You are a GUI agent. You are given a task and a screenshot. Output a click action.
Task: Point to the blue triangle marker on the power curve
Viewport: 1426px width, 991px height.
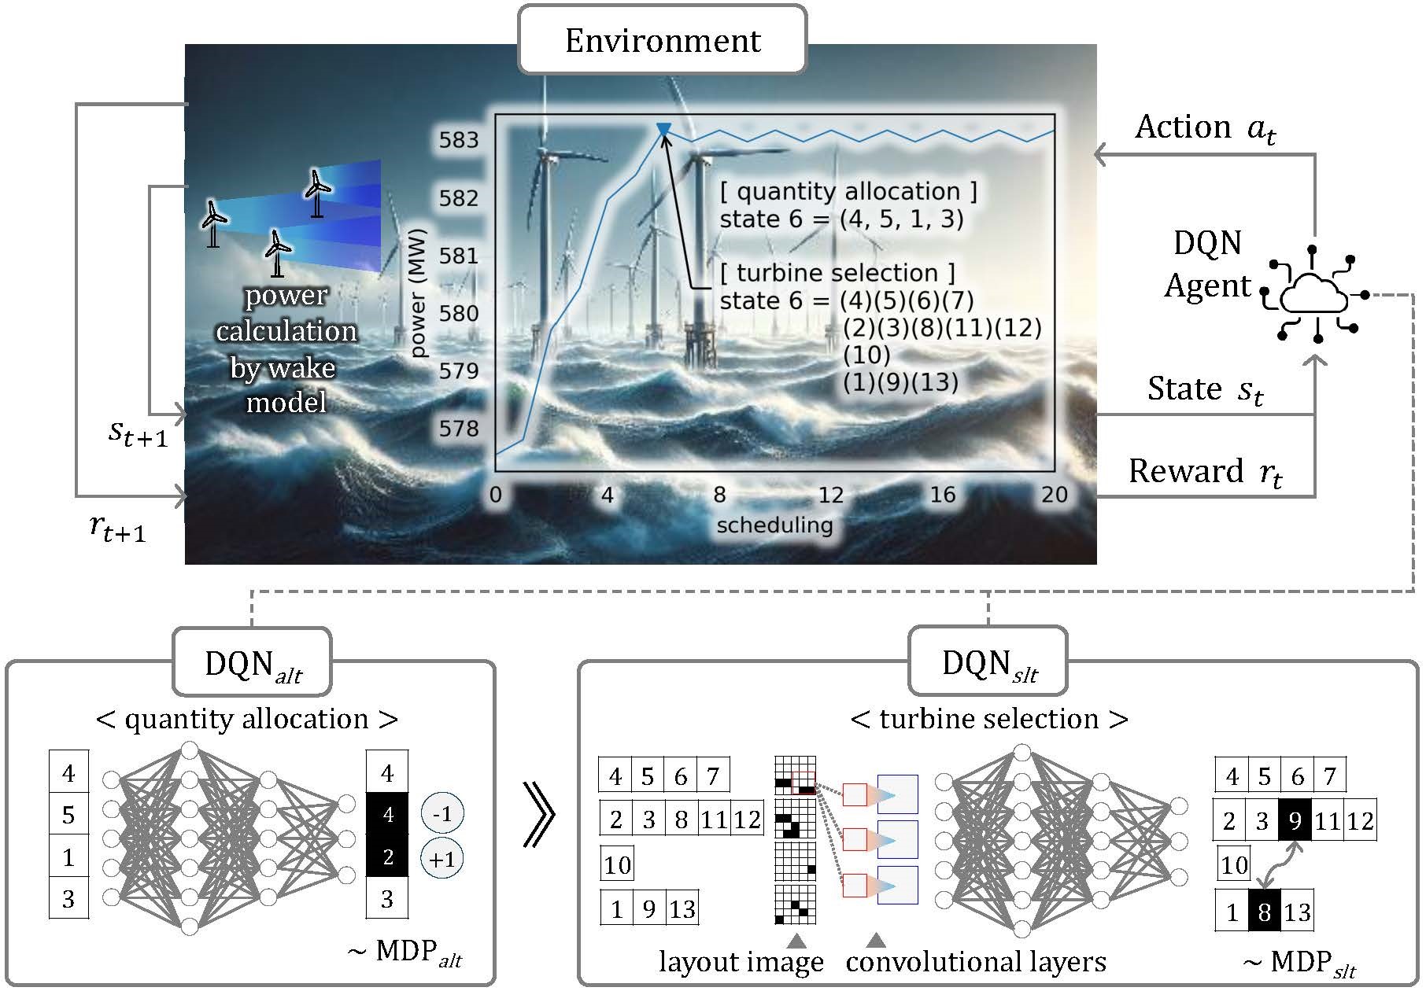pyautogui.click(x=663, y=129)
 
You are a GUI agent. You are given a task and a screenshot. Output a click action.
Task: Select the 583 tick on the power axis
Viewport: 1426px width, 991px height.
pyautogui.click(x=459, y=140)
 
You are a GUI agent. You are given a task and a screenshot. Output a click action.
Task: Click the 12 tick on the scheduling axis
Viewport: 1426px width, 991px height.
pyautogui.click(x=830, y=495)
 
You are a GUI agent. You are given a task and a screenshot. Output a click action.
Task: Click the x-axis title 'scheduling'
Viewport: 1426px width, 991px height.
pyautogui.click(x=774, y=525)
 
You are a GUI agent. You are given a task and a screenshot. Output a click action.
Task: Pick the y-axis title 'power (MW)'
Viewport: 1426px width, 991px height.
pyautogui.click(x=418, y=293)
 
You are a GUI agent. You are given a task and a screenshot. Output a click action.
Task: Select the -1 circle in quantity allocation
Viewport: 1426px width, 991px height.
pyautogui.click(x=442, y=814)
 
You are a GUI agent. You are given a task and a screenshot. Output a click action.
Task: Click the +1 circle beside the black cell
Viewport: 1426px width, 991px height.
pyautogui.click(x=442, y=858)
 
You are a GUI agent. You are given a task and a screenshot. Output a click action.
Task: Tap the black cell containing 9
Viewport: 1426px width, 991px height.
pyautogui.click(x=1295, y=821)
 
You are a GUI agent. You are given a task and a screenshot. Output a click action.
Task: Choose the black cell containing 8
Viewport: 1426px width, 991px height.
pyautogui.click(x=1264, y=912)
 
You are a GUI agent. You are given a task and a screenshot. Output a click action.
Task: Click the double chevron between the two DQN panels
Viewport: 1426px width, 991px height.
pyautogui.click(x=539, y=836)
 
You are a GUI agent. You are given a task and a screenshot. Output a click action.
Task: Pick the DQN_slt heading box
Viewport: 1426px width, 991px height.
pyautogui.click(x=988, y=665)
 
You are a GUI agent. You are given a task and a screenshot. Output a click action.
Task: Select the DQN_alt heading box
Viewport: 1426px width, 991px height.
pyautogui.click(x=252, y=665)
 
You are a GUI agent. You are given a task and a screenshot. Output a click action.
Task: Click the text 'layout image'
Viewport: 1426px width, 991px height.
pyautogui.click(x=741, y=962)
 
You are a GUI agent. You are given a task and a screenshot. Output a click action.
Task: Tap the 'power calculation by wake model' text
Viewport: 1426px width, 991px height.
pyautogui.click(x=286, y=348)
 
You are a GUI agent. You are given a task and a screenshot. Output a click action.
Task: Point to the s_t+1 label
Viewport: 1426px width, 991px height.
pyautogui.click(x=138, y=433)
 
